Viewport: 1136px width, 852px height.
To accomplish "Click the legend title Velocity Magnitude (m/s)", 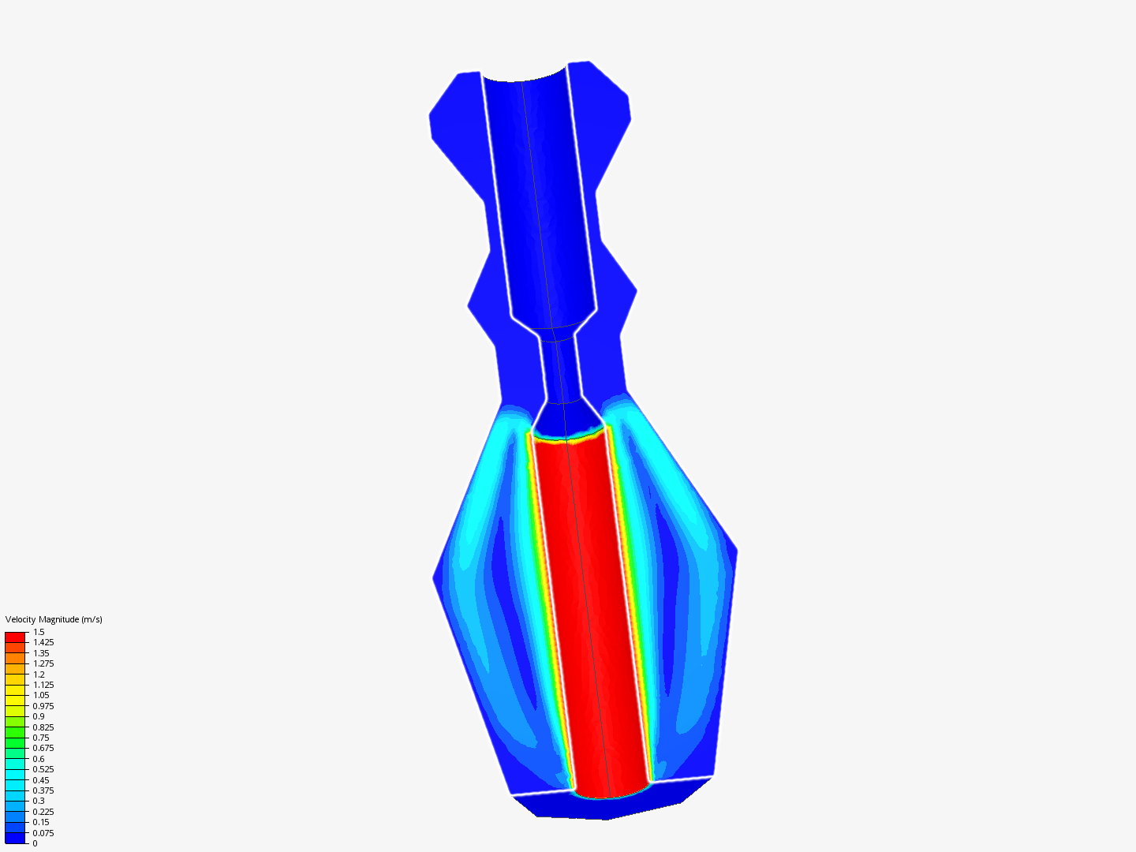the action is click(x=54, y=619).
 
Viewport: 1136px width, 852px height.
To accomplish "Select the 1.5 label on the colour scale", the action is click(x=39, y=632).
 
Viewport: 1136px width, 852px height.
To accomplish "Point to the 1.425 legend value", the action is click(x=43, y=642).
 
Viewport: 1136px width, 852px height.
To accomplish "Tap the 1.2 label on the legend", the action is click(x=39, y=674).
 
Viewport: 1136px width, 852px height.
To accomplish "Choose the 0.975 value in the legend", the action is click(x=43, y=706).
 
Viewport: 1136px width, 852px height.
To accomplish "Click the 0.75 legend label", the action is click(x=41, y=738).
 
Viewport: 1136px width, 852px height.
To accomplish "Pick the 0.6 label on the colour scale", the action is click(x=39, y=759).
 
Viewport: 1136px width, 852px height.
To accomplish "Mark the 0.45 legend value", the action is click(x=41, y=780).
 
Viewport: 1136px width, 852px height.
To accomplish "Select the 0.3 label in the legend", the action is click(x=39, y=801).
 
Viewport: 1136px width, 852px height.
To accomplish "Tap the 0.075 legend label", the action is click(x=43, y=833).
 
